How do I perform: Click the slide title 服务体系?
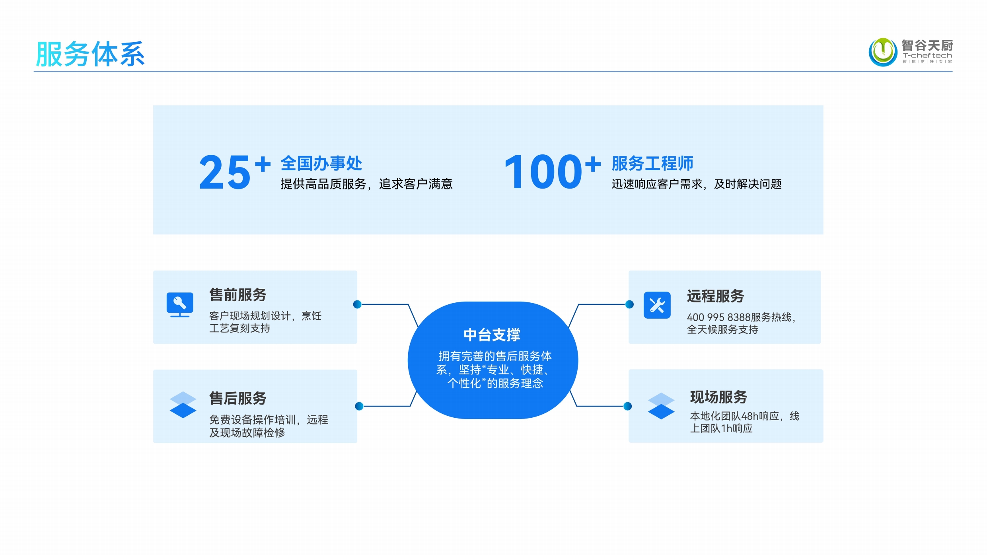[90, 54]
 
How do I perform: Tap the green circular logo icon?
[883, 52]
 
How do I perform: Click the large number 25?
[225, 173]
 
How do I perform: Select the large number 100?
[543, 173]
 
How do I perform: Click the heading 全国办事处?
[321, 163]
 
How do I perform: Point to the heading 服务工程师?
[652, 163]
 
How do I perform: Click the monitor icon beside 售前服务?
[180, 305]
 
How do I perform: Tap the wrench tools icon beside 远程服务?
[657, 305]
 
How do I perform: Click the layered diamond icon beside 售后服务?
[183, 405]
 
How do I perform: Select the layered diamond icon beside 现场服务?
[661, 406]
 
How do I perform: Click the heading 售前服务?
[238, 295]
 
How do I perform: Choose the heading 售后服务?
[238, 398]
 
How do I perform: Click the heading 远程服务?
[715, 296]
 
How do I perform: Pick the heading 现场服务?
[718, 397]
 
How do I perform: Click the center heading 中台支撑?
[492, 335]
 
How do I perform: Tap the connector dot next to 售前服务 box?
[357, 304]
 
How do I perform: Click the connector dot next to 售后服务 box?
[359, 406]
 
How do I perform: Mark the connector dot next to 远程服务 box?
[629, 304]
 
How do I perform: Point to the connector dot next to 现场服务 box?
[628, 406]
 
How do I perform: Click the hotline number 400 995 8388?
[718, 317]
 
